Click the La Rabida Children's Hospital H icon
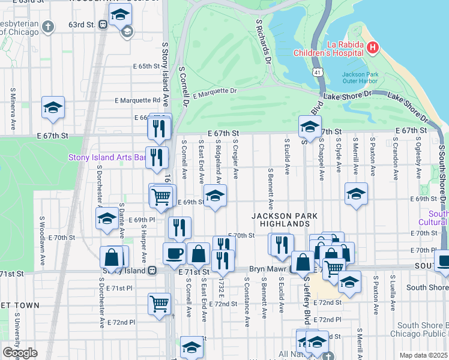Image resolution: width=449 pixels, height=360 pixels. [373, 47]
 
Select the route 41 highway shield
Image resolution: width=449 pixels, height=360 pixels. [316, 72]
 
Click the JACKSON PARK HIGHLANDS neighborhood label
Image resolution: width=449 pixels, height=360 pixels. [280, 220]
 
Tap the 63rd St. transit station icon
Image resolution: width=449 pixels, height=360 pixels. [103, 25]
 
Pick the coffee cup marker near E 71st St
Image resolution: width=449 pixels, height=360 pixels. [174, 253]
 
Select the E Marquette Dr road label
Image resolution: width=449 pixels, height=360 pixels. [215, 93]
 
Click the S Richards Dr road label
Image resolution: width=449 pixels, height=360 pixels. [264, 41]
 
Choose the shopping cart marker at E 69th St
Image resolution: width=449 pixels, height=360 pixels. [161, 196]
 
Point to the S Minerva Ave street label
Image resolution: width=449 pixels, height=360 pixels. [13, 110]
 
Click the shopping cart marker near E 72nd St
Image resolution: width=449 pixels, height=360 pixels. [159, 303]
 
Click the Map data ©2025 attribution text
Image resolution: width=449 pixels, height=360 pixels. [423, 355]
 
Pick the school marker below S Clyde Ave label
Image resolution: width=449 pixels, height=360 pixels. [356, 194]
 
